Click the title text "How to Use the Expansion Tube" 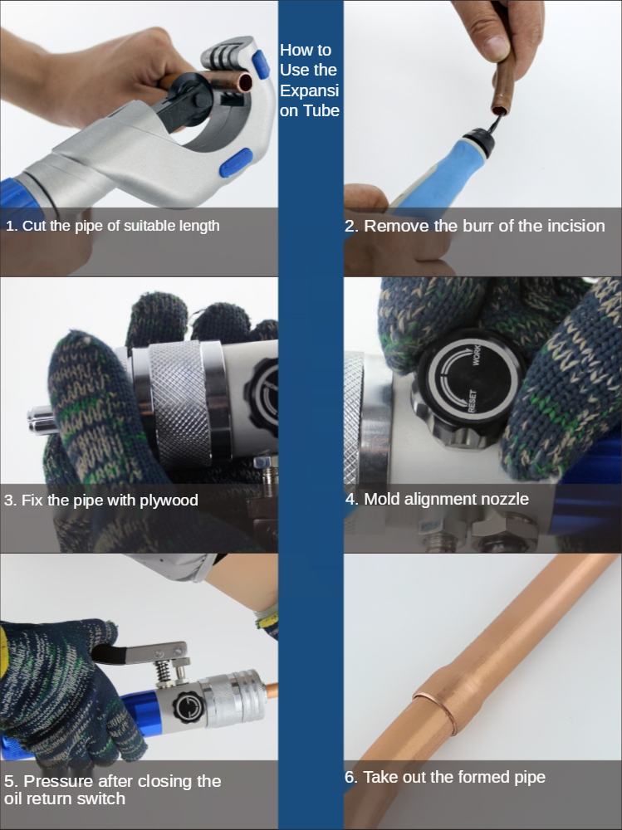pos(310,80)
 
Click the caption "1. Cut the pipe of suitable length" pos(113,226)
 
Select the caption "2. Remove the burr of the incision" pos(475,226)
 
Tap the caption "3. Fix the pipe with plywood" pos(101,500)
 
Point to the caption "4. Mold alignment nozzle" pos(437,499)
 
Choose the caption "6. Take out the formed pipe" pos(445,777)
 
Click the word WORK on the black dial pos(476,354)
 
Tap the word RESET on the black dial pos(472,401)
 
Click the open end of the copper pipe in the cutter pos(245,83)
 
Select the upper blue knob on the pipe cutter pos(261,64)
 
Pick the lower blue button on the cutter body pos(236,163)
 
